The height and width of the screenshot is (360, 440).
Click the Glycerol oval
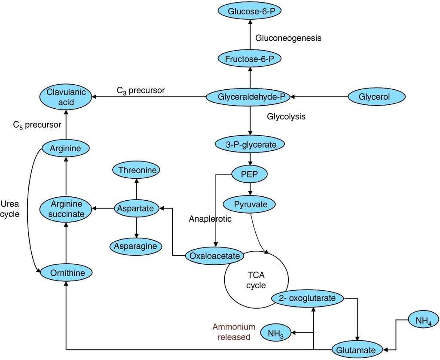[375, 98]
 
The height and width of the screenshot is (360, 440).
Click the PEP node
[250, 174]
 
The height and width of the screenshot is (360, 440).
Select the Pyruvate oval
[251, 204]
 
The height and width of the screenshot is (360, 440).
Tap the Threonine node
[136, 170]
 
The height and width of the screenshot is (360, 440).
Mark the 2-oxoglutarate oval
[307, 298]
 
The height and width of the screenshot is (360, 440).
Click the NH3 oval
[275, 333]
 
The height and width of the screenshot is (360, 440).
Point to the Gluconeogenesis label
[288, 38]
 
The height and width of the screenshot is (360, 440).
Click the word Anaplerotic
[210, 219]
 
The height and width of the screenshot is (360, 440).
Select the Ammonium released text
[234, 332]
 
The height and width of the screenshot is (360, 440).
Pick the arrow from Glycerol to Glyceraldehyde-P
[320, 98]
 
